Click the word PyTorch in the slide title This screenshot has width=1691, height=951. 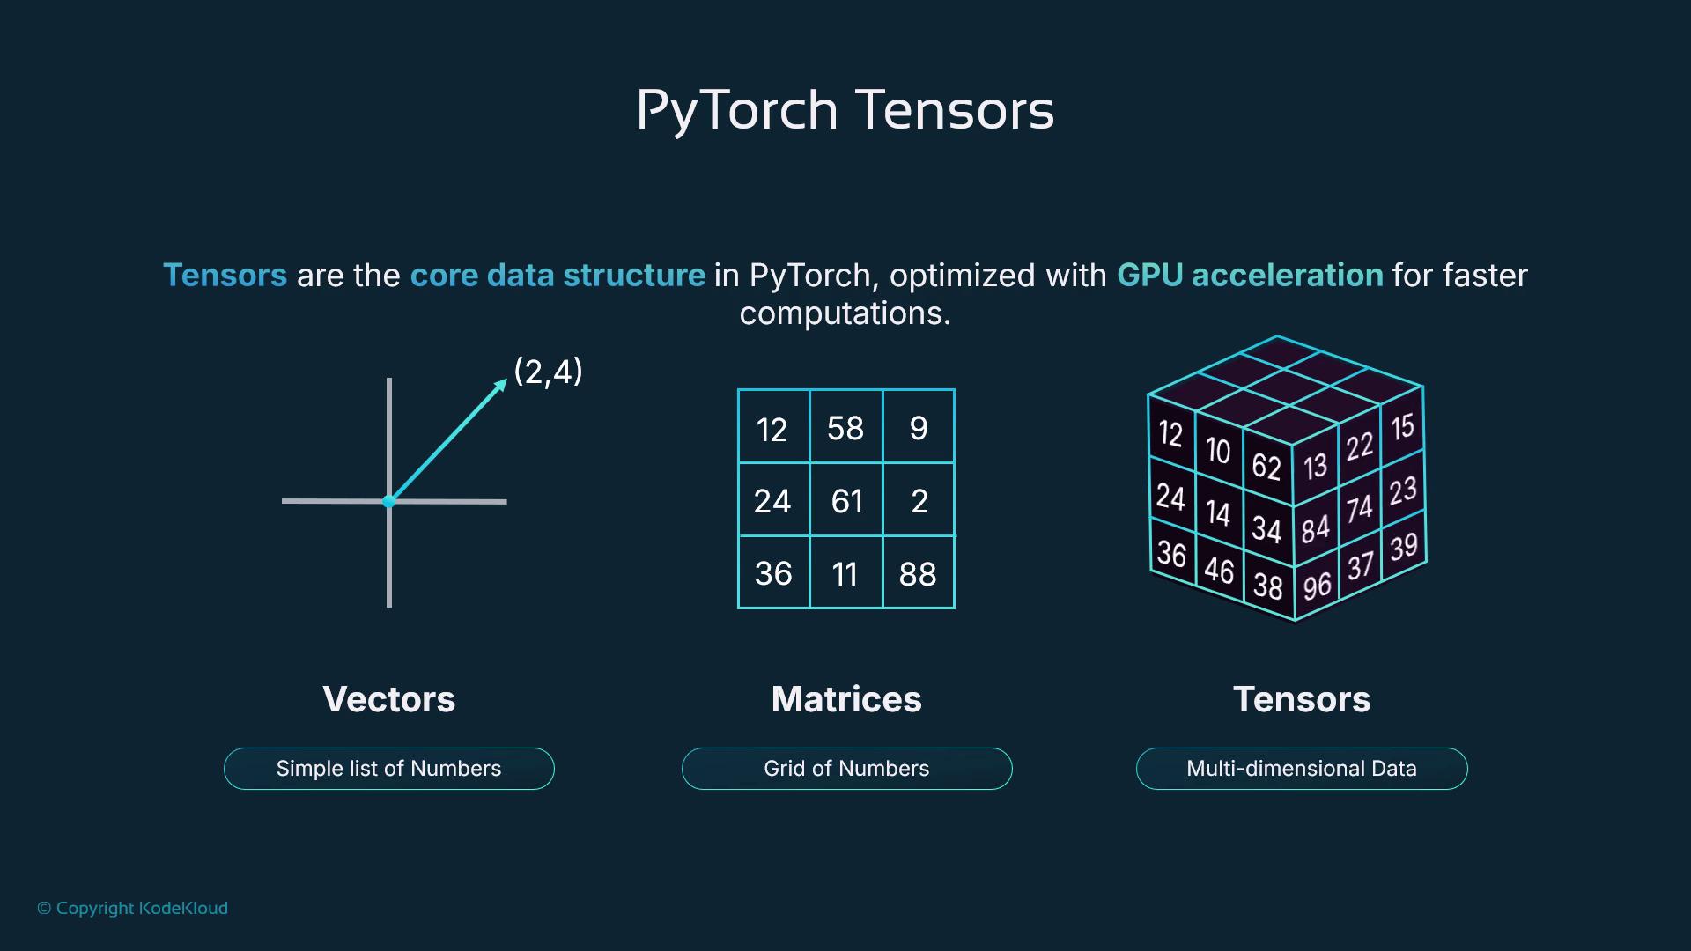[736, 111]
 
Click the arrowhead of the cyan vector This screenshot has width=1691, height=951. [501, 385]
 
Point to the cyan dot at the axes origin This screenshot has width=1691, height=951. [388, 501]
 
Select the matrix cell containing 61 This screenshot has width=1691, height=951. [846, 501]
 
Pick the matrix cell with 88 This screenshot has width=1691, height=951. [918, 574]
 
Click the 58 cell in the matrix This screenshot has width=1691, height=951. [845, 428]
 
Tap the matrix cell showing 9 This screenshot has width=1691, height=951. [919, 428]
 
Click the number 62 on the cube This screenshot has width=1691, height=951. [1266, 466]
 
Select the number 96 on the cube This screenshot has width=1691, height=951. [1317, 586]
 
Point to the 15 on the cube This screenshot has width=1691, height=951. [1402, 427]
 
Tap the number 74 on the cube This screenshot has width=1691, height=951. [1359, 508]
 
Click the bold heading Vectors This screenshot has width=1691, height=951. [388, 699]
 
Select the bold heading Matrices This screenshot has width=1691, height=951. [846, 699]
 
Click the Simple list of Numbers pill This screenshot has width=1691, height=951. [388, 769]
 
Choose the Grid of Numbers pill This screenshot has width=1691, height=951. [846, 769]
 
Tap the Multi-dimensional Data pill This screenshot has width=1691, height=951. [1302, 769]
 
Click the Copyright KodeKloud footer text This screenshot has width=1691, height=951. [133, 908]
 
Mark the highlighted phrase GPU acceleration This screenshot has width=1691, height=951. [1250, 276]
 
